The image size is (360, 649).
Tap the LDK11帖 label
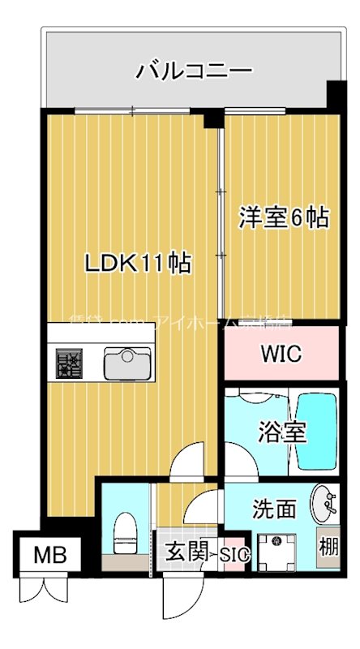(139, 263)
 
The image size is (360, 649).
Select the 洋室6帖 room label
(283, 217)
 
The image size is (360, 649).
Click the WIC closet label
(281, 355)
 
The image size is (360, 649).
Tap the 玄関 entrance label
(182, 554)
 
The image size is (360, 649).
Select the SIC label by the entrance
(234, 555)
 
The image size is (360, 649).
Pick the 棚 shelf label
(328, 546)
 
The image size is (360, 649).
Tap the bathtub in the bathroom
(316, 432)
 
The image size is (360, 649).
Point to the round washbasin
(324, 505)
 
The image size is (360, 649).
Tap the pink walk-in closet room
(281, 355)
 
